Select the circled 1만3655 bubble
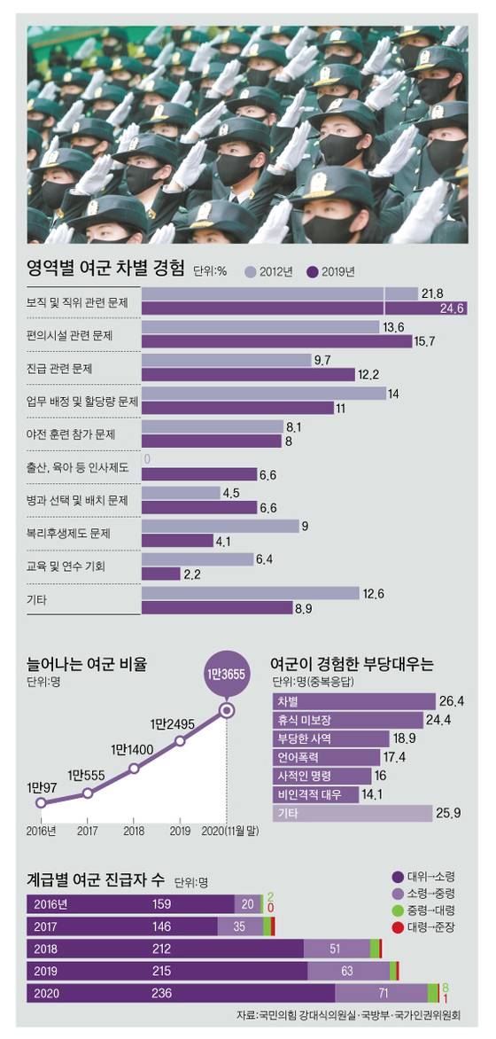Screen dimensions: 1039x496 228,675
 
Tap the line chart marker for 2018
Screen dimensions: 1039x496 134,769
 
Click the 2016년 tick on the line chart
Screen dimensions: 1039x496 41,830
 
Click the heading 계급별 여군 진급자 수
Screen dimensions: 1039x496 96,880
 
